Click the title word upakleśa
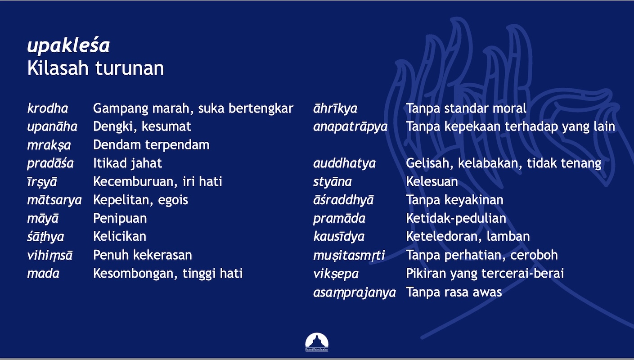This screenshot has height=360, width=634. tap(68, 45)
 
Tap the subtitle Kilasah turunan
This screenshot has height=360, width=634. tap(96, 68)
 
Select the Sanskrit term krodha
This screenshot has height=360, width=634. tap(48, 108)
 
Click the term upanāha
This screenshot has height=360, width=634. tap(52, 127)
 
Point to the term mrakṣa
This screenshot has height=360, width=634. tap(49, 145)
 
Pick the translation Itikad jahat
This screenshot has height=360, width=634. tap(127, 164)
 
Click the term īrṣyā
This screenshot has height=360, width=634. tap(42, 182)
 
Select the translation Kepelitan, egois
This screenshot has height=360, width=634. tap(140, 200)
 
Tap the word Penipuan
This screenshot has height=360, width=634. tap(120, 219)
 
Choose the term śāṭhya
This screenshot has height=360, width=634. tap(45, 237)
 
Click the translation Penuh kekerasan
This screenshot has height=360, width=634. tap(143, 255)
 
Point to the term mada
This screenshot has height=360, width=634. tap(43, 274)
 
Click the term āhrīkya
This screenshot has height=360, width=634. tap(335, 108)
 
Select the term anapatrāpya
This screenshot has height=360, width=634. tap(351, 127)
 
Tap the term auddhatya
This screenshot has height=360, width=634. tap(345, 164)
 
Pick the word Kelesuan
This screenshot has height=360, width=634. tap(432, 182)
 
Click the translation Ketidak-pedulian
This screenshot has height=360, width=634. tap(456, 219)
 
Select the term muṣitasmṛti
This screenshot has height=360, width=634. tap(349, 255)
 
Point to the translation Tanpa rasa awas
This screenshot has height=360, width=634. tap(454, 292)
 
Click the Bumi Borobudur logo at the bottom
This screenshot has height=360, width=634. tap(317, 342)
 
